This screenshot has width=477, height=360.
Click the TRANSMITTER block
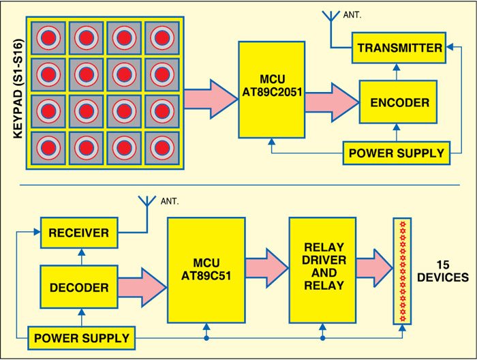click(399, 48)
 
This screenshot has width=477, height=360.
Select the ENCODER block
click(399, 102)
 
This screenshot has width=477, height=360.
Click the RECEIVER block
click(79, 233)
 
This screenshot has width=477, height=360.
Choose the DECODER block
click(79, 287)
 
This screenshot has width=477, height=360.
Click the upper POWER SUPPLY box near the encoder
click(397, 152)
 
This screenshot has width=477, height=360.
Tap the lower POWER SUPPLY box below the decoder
click(80, 337)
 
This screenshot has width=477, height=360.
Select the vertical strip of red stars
click(403, 271)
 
